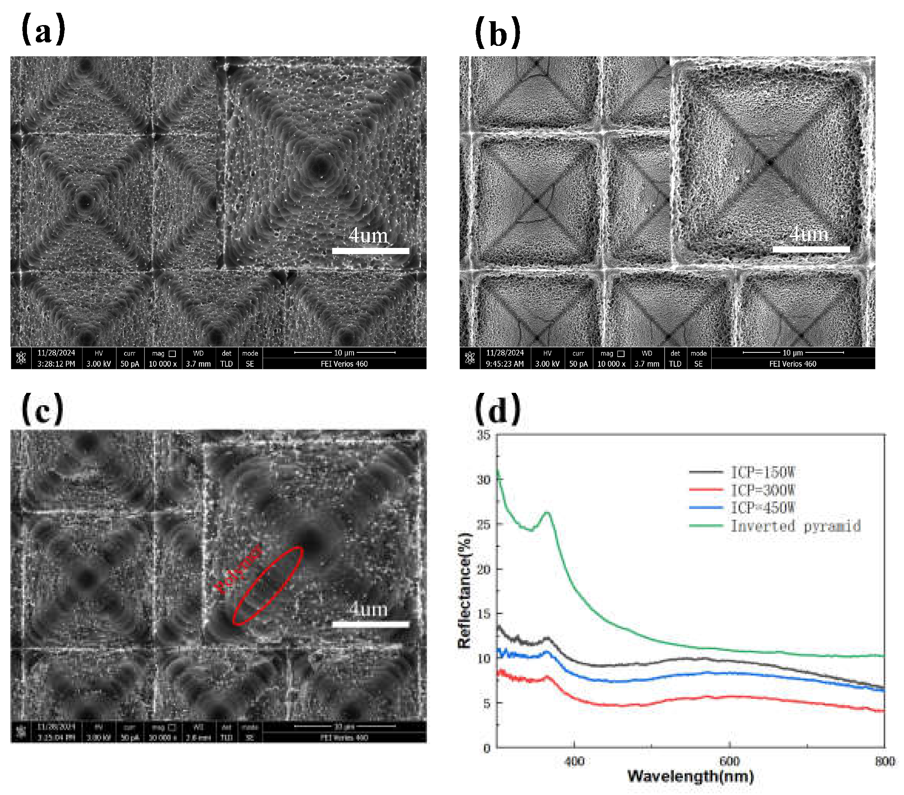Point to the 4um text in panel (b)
pyautogui.click(x=808, y=234)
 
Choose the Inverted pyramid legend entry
pyautogui.click(x=795, y=526)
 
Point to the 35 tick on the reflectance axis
pyautogui.click(x=484, y=435)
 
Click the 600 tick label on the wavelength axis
pyautogui.click(x=729, y=761)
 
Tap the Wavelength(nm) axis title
pyautogui.click(x=690, y=776)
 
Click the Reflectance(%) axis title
pyautogui.click(x=465, y=591)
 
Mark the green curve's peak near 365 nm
pyautogui.click(x=547, y=513)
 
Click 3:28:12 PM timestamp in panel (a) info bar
pyautogui.click(x=56, y=364)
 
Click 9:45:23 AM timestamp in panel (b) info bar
pyautogui.click(x=505, y=364)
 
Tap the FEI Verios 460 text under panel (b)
pyautogui.click(x=793, y=364)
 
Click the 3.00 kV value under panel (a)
pyautogui.click(x=99, y=364)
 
